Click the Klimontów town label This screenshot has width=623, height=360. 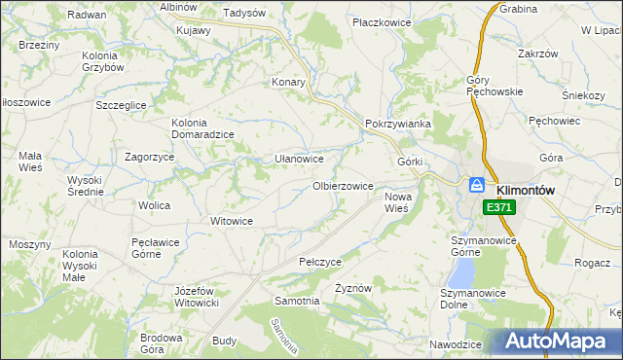[526, 191]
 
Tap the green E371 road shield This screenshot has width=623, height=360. [498, 207]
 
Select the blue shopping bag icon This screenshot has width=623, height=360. [477, 184]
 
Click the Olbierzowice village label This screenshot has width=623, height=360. [343, 186]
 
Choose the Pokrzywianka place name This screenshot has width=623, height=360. [397, 125]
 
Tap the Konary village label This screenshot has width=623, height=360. [289, 83]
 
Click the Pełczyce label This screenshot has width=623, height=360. [320, 262]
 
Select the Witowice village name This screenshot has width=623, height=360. [233, 221]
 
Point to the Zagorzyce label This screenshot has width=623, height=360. [150, 157]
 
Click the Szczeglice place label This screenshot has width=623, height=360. [121, 105]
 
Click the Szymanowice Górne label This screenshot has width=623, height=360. [474, 244]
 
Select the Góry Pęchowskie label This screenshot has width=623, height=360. [495, 86]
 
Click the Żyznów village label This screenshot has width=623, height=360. [353, 289]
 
